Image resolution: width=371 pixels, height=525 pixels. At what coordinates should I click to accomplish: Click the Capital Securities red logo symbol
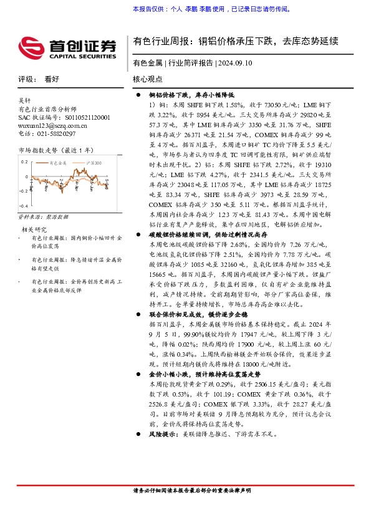(31, 46)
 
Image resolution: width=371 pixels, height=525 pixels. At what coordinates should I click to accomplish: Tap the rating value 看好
(52, 79)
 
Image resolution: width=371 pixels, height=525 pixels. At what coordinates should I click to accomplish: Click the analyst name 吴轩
(24, 100)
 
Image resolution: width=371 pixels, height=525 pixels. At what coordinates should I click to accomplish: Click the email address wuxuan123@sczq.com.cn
(52, 125)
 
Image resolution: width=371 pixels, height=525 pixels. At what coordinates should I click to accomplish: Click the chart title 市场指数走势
(38, 150)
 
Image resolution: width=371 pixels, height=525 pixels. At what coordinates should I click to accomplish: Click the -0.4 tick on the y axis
(24, 206)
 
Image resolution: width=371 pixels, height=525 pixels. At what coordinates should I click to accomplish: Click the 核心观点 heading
(148, 79)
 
